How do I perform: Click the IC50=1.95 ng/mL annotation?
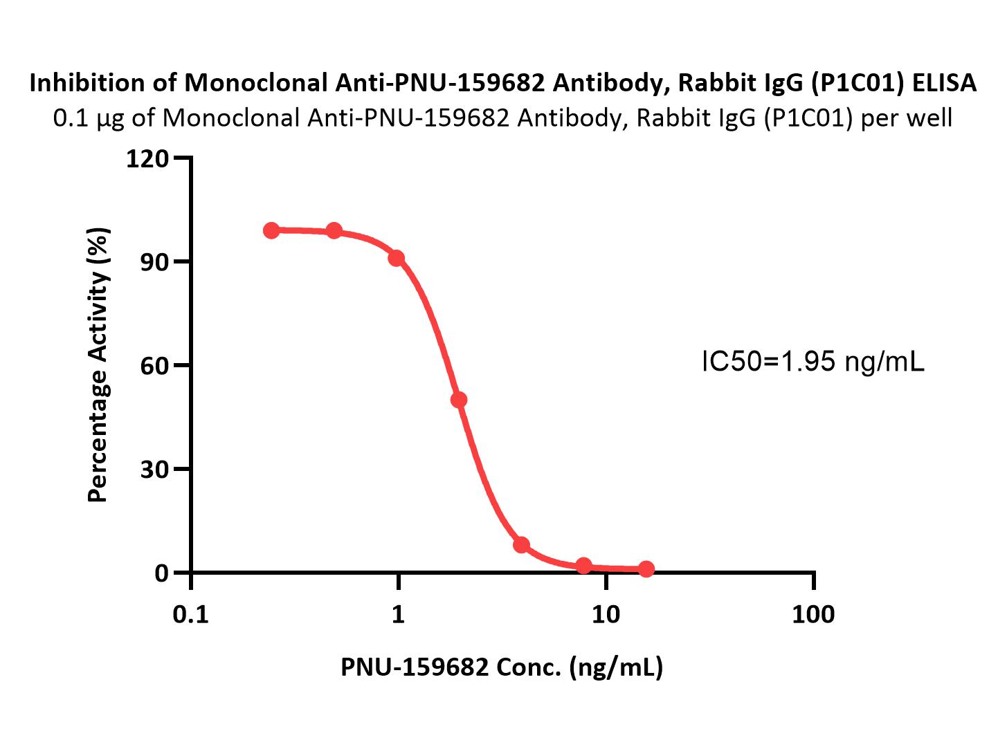813,361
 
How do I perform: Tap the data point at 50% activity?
458,400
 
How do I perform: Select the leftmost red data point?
271,230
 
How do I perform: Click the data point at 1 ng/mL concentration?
396,258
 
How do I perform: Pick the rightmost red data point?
646,569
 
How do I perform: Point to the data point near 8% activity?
521,545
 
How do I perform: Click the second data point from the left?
334,230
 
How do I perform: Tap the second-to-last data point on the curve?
583,566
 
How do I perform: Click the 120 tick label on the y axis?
147,159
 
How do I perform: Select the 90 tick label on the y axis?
154,262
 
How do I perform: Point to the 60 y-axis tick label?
154,366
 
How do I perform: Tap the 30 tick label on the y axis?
154,470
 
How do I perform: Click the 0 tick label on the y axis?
161,573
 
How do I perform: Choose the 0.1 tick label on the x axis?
190,614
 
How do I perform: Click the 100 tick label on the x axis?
813,614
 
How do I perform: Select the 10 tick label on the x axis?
606,614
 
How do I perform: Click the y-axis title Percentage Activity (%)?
98,365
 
